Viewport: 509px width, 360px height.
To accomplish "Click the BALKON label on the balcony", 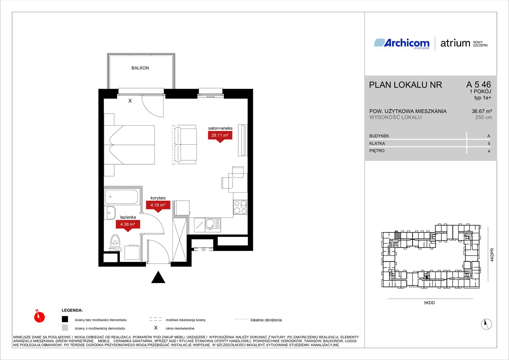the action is tap(140, 68).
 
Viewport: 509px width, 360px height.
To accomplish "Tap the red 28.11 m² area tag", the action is tap(220, 137).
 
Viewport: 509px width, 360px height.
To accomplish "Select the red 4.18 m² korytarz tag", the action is tap(158, 206).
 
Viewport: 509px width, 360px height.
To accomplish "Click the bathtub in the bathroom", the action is tap(121, 197).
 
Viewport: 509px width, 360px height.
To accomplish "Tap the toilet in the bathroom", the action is tap(115, 241).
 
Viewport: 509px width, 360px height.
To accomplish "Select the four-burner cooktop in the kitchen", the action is tap(240, 207).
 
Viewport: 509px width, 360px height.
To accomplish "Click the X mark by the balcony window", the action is tap(130, 101).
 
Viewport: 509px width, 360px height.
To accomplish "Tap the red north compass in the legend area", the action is tap(39, 316).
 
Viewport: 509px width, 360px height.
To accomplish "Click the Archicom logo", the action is tap(402, 43).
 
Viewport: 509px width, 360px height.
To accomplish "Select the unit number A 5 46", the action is tap(478, 84).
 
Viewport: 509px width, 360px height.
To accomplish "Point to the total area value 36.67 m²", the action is tap(482, 111).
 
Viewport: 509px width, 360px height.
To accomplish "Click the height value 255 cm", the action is tap(484, 117).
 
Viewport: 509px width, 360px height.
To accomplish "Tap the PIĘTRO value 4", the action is tap(489, 151).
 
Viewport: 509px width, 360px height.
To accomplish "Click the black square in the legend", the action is tap(65, 319).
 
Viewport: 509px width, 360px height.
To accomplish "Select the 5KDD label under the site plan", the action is tap(429, 303).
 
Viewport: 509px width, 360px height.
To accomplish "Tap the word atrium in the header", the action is tap(455, 43).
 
